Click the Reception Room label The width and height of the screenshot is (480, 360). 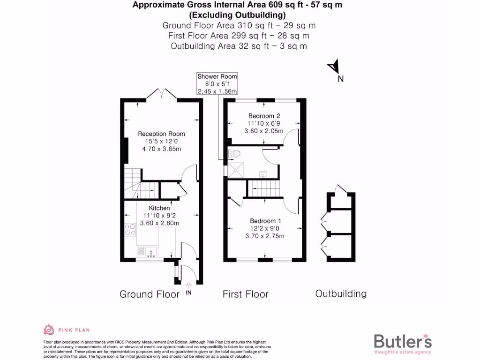click(161, 134)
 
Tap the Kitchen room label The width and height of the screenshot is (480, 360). click(159, 208)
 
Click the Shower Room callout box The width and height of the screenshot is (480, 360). click(217, 84)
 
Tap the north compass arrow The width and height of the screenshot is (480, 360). click(334, 67)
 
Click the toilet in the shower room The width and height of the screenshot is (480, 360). click(234, 153)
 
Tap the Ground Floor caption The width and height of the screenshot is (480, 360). click(150, 294)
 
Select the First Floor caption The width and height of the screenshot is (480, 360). click(245, 294)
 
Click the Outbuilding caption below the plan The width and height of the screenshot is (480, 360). click(341, 294)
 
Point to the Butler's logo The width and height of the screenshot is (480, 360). click(403, 342)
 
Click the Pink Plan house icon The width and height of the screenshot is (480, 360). click(49, 330)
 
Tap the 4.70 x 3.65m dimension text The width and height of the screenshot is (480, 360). click(161, 149)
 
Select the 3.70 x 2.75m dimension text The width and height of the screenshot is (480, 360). click(265, 236)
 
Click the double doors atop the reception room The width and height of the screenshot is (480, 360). click(162, 93)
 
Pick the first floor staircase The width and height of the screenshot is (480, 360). click(263, 189)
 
